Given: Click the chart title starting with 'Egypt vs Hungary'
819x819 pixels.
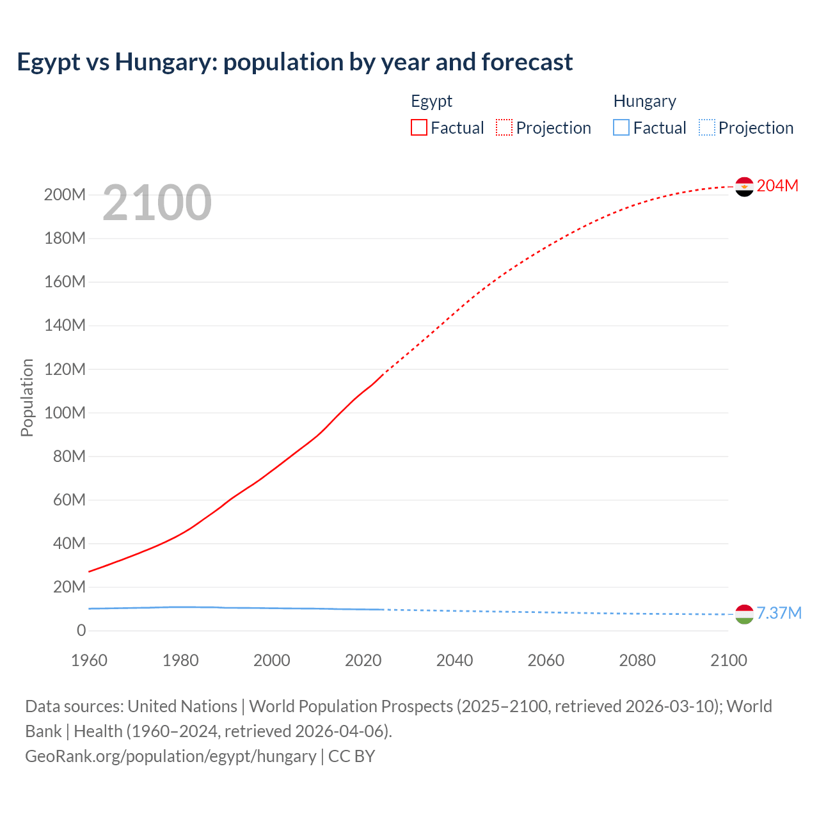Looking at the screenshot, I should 294,62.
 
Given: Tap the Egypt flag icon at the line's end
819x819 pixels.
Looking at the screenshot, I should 744,186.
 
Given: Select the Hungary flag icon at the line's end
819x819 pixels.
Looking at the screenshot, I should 744,614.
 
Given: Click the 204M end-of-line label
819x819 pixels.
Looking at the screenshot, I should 777,186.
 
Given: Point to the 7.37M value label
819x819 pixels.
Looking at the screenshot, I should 779,613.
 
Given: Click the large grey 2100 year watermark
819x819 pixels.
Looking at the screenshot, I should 157,203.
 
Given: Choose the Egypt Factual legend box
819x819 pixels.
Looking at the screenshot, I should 419,127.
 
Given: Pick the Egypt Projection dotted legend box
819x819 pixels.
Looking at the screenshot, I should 504,127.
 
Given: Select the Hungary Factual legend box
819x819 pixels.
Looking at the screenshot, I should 621,127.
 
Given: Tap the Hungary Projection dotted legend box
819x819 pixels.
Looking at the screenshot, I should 706,127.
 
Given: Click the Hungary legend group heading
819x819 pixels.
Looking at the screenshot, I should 644,101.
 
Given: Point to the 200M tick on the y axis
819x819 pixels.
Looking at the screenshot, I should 65,195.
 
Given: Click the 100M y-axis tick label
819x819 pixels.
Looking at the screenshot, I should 65,413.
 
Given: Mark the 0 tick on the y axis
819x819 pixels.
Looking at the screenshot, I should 81,630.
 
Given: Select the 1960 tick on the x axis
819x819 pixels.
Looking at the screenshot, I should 89,660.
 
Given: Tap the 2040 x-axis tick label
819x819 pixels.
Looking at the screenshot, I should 454,660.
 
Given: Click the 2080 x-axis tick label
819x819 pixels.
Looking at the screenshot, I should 637,660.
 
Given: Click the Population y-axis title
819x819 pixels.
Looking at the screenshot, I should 27,397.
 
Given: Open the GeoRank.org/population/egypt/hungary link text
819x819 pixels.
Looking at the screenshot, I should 171,756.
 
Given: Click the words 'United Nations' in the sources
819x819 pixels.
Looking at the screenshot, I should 182,706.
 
